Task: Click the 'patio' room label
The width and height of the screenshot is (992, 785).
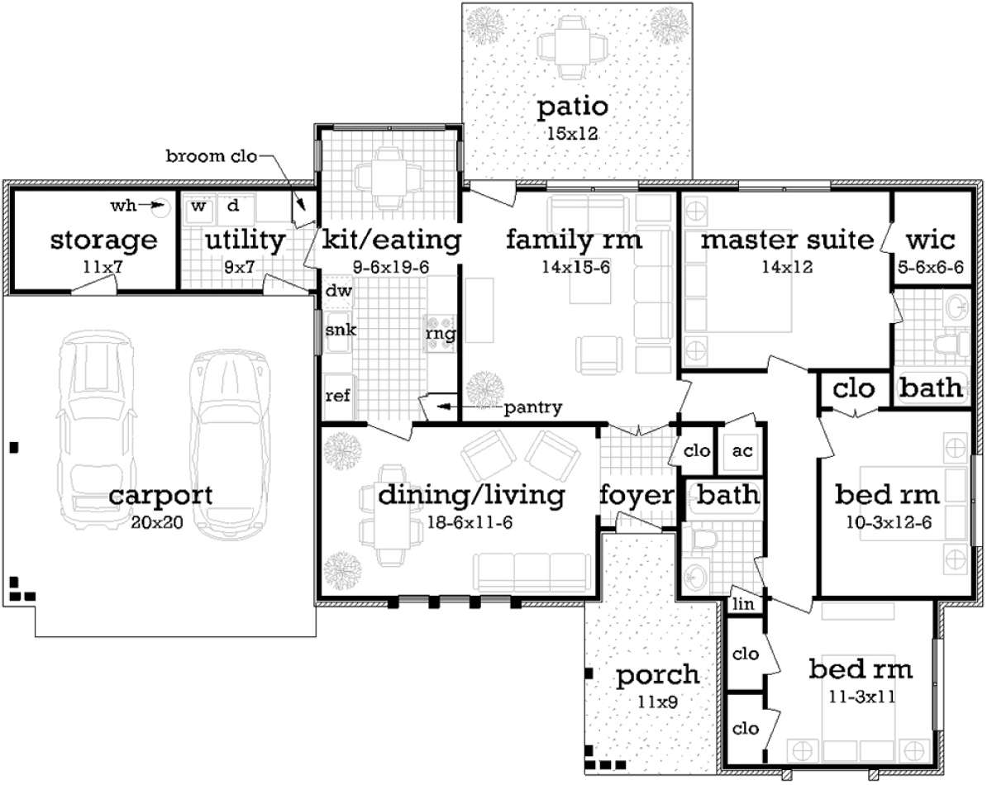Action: [573, 108]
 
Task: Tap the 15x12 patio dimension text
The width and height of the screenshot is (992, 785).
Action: [573, 134]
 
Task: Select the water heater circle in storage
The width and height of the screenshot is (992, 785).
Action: [162, 208]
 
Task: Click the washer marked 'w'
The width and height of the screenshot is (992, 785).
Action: [198, 210]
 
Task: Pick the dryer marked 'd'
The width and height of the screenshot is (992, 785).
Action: [235, 209]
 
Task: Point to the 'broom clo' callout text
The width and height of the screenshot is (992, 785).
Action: [211, 156]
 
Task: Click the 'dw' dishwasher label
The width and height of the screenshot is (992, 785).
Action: [338, 291]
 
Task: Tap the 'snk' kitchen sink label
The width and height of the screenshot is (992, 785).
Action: [341, 330]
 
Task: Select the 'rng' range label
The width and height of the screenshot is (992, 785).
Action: [441, 334]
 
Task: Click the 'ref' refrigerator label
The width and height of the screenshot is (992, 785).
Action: [337, 396]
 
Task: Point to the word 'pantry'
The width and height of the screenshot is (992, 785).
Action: [533, 408]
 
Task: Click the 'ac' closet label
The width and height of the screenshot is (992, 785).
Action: [742, 450]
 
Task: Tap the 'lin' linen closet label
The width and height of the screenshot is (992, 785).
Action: [743, 603]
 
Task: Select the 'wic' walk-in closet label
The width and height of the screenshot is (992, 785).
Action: [930, 240]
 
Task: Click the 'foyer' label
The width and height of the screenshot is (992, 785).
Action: [637, 495]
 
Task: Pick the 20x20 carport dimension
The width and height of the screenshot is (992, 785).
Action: [157, 523]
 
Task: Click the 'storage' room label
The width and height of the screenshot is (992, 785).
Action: [103, 241]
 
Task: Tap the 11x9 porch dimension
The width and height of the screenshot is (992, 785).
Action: [658, 702]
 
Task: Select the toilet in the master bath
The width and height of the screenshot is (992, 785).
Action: [952, 344]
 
